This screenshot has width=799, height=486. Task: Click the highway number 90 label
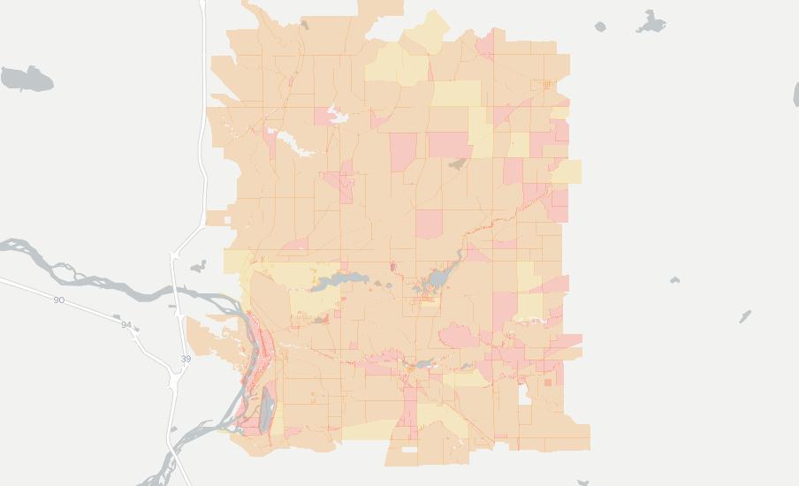pyautogui.click(x=58, y=300)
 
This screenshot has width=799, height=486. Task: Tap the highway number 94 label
pyautogui.click(x=126, y=325)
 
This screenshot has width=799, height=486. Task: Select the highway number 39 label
pyautogui.click(x=186, y=359)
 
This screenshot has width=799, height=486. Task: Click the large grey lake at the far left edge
pyautogui.click(x=26, y=79)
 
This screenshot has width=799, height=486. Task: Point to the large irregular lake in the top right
pyautogui.click(x=651, y=22)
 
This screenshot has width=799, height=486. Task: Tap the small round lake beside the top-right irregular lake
pyautogui.click(x=601, y=27)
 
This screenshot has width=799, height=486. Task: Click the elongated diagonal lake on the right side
pyautogui.click(x=745, y=315)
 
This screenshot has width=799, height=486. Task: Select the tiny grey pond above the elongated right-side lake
pyautogui.click(x=675, y=280)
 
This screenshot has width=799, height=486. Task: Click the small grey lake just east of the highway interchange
pyautogui.click(x=198, y=266)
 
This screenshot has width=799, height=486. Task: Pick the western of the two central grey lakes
pyautogui.click(x=339, y=280)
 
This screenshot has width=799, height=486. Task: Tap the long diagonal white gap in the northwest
pyautogui.click(x=293, y=142)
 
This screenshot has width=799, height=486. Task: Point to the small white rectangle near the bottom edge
pyautogui.click(x=408, y=450)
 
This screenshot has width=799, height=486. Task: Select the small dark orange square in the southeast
pyautogui.click(x=548, y=383)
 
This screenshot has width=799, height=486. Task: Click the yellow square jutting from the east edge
pyautogui.click(x=568, y=171)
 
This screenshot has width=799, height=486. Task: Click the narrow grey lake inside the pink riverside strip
pyautogui.click(x=268, y=406)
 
